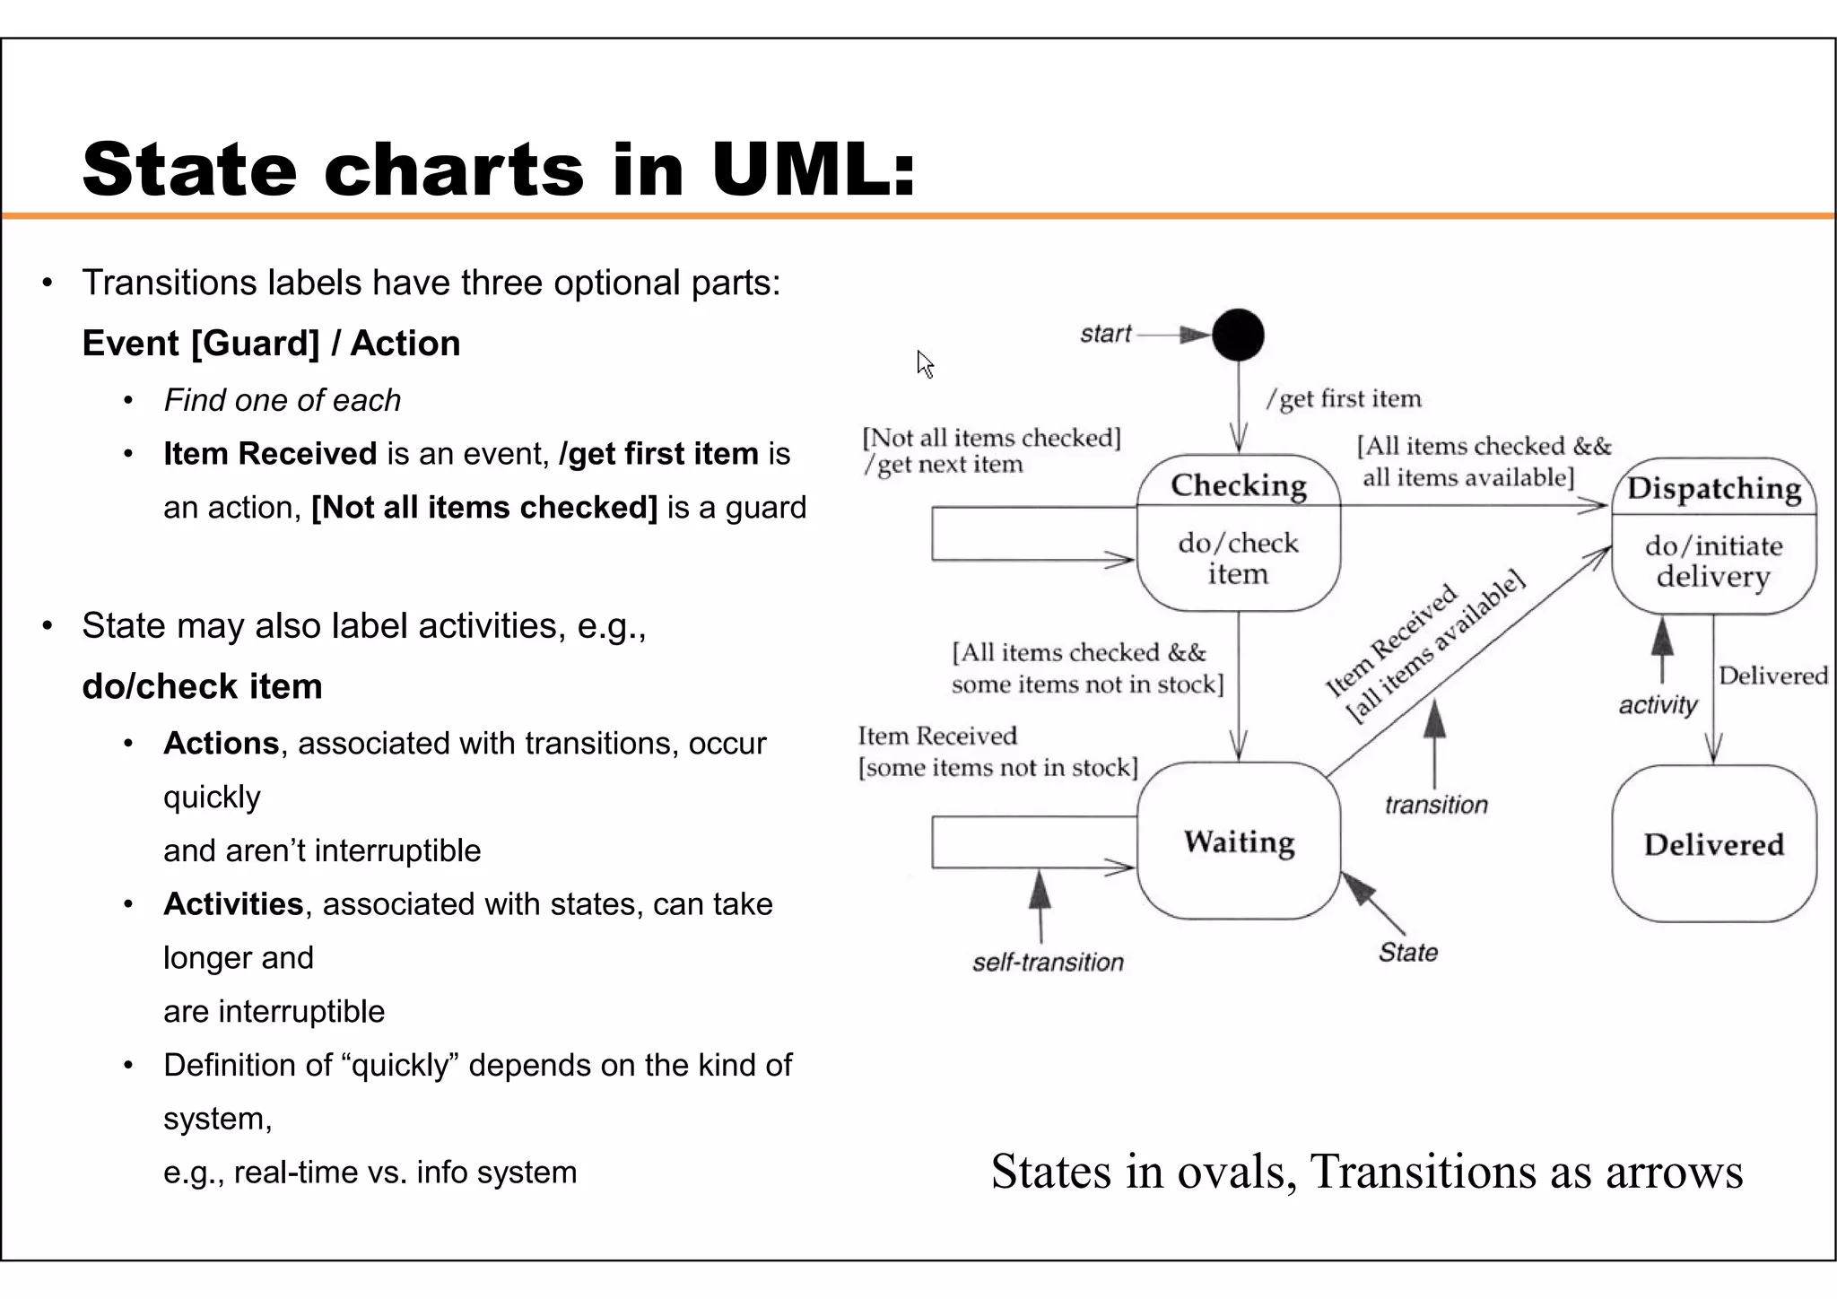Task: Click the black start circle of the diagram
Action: point(1238,335)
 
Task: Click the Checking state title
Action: point(1238,485)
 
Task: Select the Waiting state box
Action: point(1239,841)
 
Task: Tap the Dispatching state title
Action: point(1713,488)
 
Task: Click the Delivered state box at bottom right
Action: point(1713,844)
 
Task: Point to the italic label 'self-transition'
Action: point(1048,963)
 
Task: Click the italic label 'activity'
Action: point(1658,705)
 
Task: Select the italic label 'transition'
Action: point(1435,805)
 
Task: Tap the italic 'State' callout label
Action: point(1407,952)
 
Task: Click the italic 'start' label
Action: point(1105,334)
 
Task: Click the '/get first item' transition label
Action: point(1344,399)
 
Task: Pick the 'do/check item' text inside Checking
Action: point(1238,558)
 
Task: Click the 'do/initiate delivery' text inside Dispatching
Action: point(1713,561)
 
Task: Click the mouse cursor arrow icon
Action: point(925,364)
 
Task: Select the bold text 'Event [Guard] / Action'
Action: point(271,344)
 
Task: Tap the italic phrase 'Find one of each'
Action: point(282,400)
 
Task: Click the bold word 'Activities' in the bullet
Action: point(233,904)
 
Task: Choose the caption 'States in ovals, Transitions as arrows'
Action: point(1366,1172)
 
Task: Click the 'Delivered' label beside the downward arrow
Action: point(1772,676)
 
